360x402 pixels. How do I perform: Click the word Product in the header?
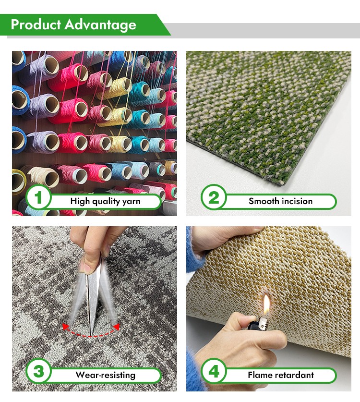click(x=36, y=24)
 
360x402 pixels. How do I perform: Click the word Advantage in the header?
click(x=100, y=25)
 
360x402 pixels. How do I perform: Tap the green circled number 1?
click(x=38, y=197)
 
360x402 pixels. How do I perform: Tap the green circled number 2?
click(x=214, y=197)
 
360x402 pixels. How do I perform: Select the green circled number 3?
click(x=39, y=371)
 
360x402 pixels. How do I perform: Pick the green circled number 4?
click(x=214, y=371)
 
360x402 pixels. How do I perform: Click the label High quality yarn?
click(x=105, y=202)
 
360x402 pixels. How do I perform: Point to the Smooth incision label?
click(x=281, y=201)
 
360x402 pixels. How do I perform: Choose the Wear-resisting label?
click(x=105, y=375)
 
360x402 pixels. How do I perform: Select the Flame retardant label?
click(x=281, y=375)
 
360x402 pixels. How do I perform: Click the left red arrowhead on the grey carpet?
click(x=66, y=327)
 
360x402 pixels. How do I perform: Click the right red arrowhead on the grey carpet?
click(x=116, y=327)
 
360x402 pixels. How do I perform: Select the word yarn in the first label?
click(x=131, y=202)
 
